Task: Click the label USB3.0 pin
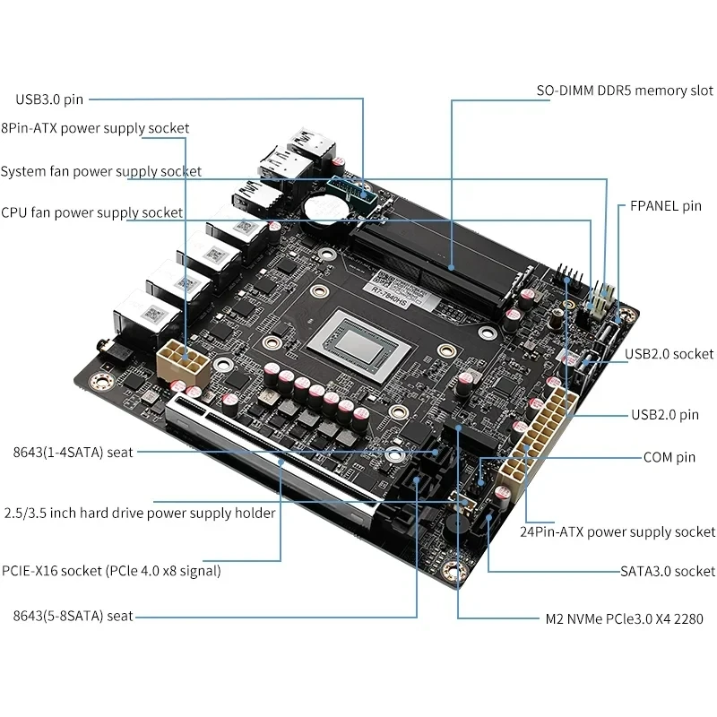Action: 48,99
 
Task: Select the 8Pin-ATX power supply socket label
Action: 95,128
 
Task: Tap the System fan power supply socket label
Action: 101,171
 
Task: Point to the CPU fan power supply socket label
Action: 91,212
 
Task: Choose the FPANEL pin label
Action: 660,206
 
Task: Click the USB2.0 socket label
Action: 669,354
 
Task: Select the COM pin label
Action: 669,457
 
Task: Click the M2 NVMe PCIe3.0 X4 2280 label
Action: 624,618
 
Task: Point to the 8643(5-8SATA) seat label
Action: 67,616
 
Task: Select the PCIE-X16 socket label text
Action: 111,570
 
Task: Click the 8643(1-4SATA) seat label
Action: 67,453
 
